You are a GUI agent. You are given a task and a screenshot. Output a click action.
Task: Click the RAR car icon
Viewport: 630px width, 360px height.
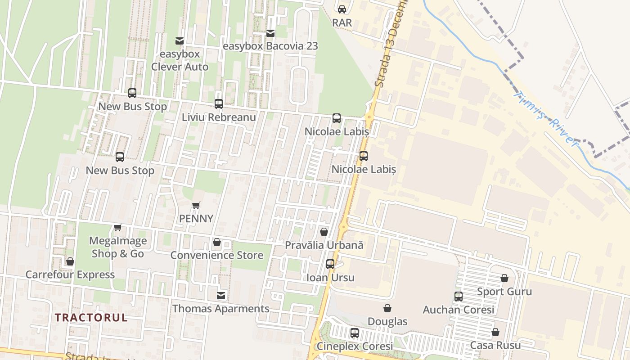342,9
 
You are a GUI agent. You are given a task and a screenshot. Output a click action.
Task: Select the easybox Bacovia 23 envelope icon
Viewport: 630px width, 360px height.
270,33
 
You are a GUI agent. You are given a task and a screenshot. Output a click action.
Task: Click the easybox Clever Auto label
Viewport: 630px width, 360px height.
180,60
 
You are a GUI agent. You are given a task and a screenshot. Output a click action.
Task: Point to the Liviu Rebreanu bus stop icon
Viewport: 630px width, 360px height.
219,104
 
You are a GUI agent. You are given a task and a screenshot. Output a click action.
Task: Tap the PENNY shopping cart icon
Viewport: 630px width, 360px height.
196,205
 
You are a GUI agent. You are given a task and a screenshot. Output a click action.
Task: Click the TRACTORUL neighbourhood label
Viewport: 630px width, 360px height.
91,317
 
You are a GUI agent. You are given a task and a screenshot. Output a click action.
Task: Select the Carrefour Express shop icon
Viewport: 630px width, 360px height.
70,261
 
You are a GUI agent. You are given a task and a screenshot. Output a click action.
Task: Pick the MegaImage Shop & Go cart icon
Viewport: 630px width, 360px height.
118,227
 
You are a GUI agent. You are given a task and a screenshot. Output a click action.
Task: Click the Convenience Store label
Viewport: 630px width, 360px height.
216,255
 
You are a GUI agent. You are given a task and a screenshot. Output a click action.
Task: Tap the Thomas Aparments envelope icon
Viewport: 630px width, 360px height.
221,296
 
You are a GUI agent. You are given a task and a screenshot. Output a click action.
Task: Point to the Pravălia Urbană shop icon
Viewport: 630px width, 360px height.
324,232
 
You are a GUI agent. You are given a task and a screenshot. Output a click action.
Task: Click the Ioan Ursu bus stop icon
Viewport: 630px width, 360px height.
330,264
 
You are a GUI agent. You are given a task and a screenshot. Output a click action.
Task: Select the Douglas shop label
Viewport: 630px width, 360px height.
387,321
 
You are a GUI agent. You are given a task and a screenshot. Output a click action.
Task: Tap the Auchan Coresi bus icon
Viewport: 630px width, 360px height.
459,297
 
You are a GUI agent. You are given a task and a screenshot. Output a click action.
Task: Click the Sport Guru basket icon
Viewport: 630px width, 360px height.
504,278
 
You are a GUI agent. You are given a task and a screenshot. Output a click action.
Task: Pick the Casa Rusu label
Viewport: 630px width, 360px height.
495,345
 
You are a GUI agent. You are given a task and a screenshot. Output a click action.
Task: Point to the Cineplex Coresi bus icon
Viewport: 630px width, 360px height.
355,333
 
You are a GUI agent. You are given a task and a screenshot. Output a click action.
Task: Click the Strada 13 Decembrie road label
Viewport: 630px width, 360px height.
390,45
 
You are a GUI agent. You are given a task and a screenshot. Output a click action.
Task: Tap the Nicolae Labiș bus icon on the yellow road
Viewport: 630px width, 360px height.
364,156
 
